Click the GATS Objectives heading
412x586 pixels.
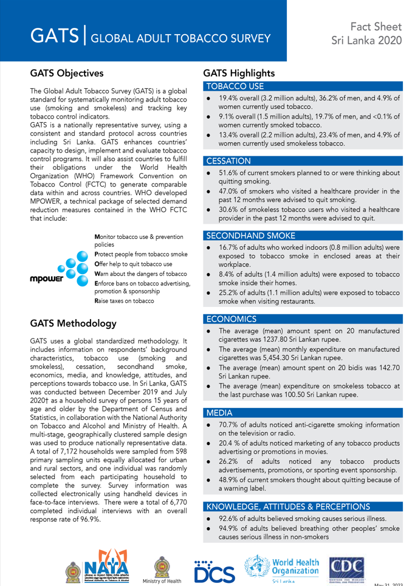pos(67,74)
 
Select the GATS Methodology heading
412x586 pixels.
pos(72,323)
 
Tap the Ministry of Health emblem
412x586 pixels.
pos(162,568)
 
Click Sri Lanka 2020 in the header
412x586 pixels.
pos(366,41)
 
